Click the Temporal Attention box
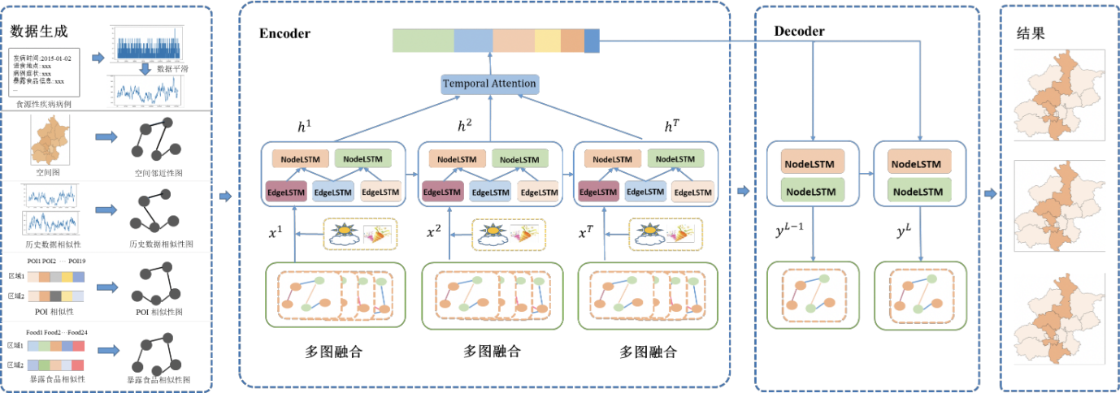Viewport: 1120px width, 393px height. point(489,84)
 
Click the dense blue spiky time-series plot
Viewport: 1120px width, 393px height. point(146,44)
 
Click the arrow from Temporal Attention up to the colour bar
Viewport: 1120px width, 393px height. point(490,63)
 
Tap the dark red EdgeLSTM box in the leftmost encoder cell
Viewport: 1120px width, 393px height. point(285,192)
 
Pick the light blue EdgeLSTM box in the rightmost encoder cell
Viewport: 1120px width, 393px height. point(645,192)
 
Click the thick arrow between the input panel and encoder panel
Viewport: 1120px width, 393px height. point(225,196)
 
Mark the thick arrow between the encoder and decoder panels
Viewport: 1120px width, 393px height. point(742,192)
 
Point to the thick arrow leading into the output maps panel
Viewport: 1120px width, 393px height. point(989,194)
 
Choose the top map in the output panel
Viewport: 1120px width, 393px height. point(1058,94)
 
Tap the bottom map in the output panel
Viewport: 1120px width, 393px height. point(1058,318)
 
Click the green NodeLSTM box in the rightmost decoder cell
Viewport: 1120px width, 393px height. point(920,192)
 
